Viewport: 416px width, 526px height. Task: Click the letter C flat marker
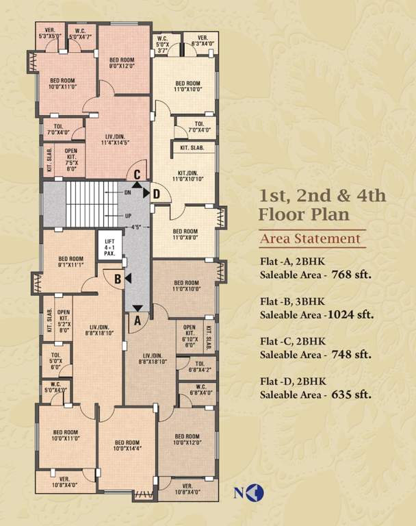(138, 175)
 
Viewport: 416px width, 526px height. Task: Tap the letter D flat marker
(157, 195)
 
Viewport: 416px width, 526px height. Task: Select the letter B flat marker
(118, 279)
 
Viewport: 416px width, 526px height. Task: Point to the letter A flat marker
(137, 318)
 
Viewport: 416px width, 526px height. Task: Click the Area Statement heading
(310, 239)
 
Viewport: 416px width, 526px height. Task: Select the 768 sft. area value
(352, 277)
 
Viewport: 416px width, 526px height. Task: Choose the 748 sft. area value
(352, 355)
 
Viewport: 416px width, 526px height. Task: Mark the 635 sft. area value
(352, 394)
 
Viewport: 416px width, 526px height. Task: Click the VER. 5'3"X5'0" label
(49, 32)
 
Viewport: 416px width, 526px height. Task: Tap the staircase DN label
(127, 193)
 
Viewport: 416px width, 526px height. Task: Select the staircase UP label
(127, 216)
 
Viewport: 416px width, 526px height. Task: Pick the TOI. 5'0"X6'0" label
(54, 358)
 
